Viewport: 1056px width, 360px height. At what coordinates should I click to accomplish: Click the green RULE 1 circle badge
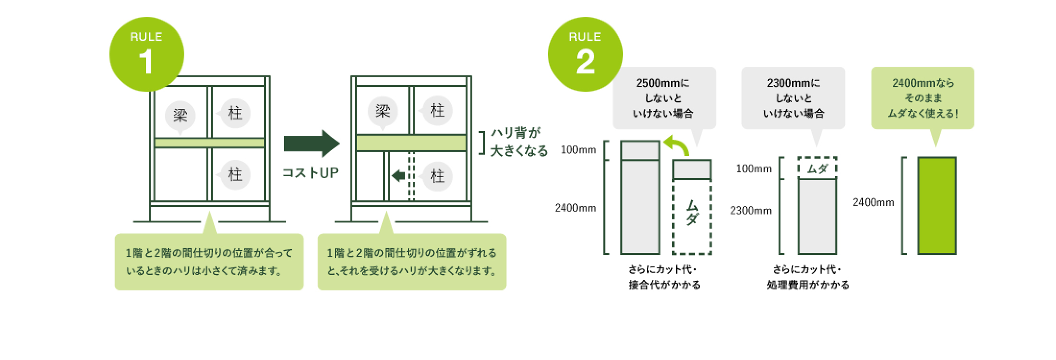(x=146, y=54)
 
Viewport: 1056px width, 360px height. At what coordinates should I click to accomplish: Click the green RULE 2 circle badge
(x=585, y=54)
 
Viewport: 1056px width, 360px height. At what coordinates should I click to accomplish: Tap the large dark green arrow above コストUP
(x=312, y=143)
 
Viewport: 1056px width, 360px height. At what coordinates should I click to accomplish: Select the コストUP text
(x=311, y=173)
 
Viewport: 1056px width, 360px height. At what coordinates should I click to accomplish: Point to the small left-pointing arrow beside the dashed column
(x=398, y=176)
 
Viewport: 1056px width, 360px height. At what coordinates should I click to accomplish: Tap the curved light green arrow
(x=677, y=145)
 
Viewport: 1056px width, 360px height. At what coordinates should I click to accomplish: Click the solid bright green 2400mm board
(x=936, y=205)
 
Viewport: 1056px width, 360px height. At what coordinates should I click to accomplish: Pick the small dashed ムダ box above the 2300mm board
(x=817, y=168)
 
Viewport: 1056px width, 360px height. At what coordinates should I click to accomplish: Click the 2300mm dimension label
(x=751, y=211)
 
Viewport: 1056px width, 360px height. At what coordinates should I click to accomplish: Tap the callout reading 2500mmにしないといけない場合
(x=664, y=98)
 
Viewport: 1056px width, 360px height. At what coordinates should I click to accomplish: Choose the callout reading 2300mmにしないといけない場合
(x=793, y=98)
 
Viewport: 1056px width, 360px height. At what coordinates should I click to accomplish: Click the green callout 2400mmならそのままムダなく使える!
(x=923, y=98)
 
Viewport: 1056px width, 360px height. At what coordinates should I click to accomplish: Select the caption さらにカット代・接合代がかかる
(x=664, y=277)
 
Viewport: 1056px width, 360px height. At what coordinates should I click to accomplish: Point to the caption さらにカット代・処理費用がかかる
(x=808, y=277)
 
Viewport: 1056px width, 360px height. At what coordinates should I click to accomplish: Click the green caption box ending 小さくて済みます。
(x=209, y=262)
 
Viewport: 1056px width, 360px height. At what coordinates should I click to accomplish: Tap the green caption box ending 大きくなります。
(x=412, y=262)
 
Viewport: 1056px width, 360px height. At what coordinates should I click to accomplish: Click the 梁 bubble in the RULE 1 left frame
(x=180, y=116)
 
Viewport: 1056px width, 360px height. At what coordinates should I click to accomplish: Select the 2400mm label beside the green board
(x=873, y=203)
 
